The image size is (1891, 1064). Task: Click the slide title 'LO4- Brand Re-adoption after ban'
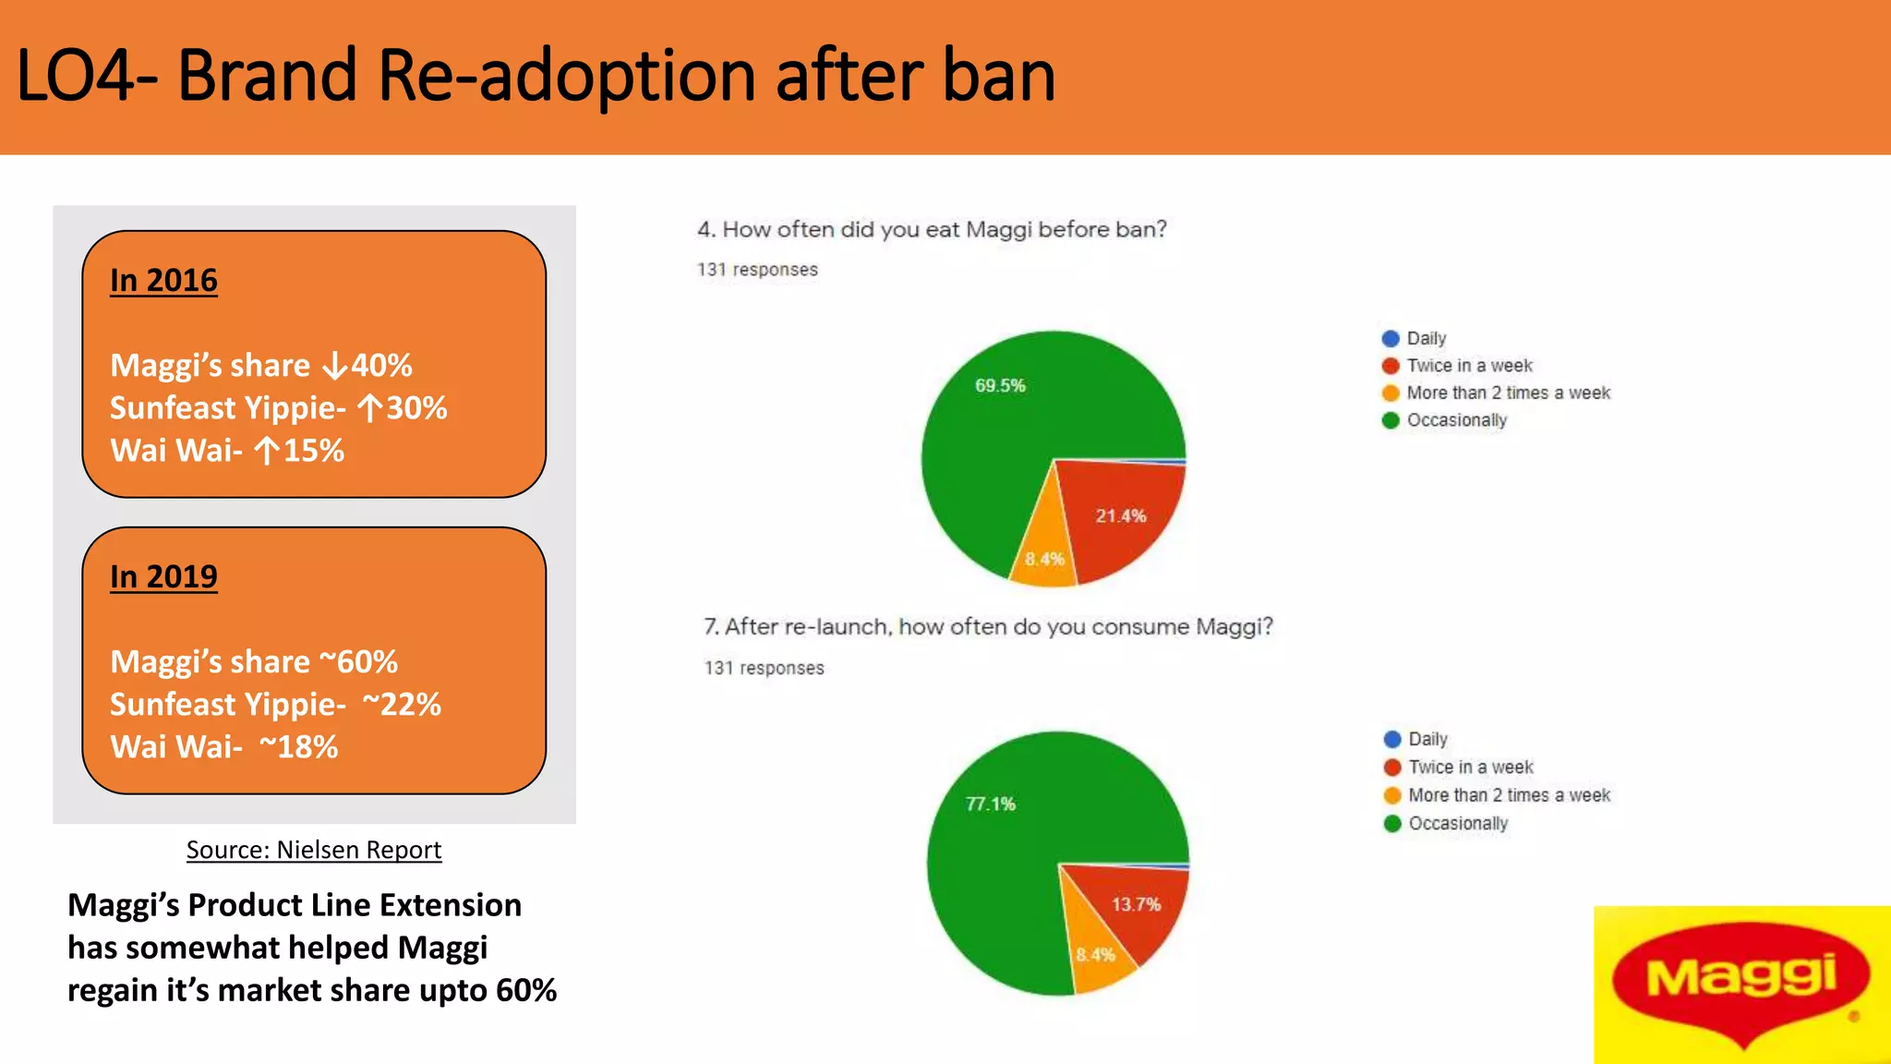(536, 76)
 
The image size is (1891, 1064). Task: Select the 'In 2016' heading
(163, 280)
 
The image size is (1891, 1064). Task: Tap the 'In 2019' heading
(163, 576)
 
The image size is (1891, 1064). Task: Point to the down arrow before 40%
(334, 367)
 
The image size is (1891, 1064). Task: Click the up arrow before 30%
(369, 408)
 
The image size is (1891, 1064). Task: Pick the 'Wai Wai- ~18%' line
(224, 746)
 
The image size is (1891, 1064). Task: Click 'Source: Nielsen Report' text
(314, 850)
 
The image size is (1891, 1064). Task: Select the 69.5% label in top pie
(1000, 385)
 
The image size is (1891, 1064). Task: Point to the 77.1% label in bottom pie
(990, 804)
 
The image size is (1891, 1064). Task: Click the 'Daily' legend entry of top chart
(1425, 338)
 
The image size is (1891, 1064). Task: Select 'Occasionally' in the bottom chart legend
(1457, 823)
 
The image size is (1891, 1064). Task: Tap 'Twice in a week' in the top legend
(1468, 366)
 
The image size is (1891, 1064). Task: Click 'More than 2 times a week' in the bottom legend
(1508, 795)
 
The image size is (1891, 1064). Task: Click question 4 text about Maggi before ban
(932, 229)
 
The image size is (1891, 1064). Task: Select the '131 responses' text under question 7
(764, 668)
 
